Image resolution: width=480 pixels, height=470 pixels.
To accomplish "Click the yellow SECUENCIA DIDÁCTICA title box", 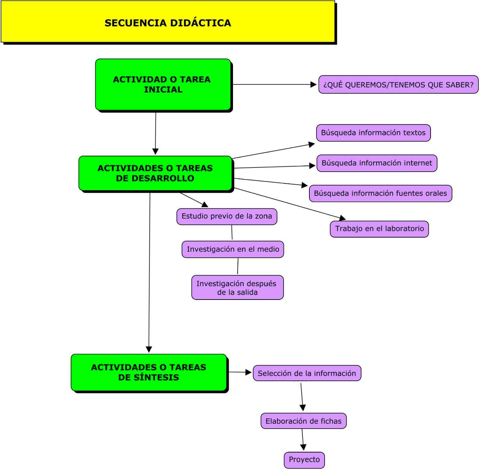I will [168, 22].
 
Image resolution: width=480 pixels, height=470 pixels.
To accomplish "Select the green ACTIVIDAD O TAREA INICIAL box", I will [163, 84].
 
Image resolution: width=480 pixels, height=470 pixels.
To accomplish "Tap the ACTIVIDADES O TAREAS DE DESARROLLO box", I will [155, 173].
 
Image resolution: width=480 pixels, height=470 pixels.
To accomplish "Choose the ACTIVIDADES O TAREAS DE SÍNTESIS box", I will [149, 372].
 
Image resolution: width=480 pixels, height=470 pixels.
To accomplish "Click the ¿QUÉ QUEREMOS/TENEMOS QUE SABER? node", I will [398, 85].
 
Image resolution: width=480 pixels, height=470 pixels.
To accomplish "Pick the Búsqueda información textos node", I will [373, 133].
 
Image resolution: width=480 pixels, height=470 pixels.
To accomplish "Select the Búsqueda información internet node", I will [377, 163].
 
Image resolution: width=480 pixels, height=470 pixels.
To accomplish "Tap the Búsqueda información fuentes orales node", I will [380, 193].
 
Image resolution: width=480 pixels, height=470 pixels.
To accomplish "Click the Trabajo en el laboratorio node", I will [379, 229].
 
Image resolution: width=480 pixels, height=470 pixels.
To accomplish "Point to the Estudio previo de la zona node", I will [227, 216].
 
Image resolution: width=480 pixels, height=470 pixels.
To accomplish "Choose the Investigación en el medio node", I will [233, 249].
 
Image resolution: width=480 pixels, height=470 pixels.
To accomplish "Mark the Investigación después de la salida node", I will [237, 288].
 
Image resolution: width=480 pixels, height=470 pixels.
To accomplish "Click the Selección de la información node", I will [307, 373].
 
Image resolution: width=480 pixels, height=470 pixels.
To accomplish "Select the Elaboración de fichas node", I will [303, 421].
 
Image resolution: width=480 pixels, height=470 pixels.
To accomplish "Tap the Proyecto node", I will [304, 460].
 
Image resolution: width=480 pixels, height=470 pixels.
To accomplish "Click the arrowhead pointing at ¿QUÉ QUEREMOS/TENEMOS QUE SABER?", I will [314, 85].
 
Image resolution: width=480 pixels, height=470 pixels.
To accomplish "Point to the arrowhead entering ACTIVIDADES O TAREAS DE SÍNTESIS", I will [149, 349].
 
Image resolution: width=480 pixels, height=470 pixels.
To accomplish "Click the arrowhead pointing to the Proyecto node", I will [303, 447].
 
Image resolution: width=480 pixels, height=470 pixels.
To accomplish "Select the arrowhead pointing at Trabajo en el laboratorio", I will [342, 218].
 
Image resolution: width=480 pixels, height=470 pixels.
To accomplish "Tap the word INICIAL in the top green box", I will [163, 90].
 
